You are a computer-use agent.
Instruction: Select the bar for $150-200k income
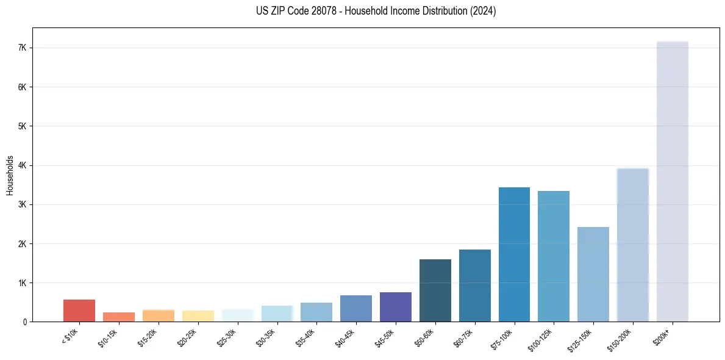(x=632, y=245)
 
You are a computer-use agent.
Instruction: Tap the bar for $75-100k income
(x=514, y=254)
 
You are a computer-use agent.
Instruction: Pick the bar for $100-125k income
(x=554, y=256)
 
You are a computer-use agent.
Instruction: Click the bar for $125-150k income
(x=593, y=275)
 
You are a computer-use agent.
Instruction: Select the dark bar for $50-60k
(x=435, y=290)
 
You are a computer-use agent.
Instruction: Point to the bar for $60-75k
(x=474, y=286)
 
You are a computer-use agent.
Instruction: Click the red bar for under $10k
(x=79, y=311)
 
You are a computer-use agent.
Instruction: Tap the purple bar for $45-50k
(x=396, y=307)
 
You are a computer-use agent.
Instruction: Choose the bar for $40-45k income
(x=356, y=308)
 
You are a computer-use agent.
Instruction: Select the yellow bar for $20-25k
(x=198, y=316)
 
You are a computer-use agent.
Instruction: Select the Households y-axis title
(x=10, y=175)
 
